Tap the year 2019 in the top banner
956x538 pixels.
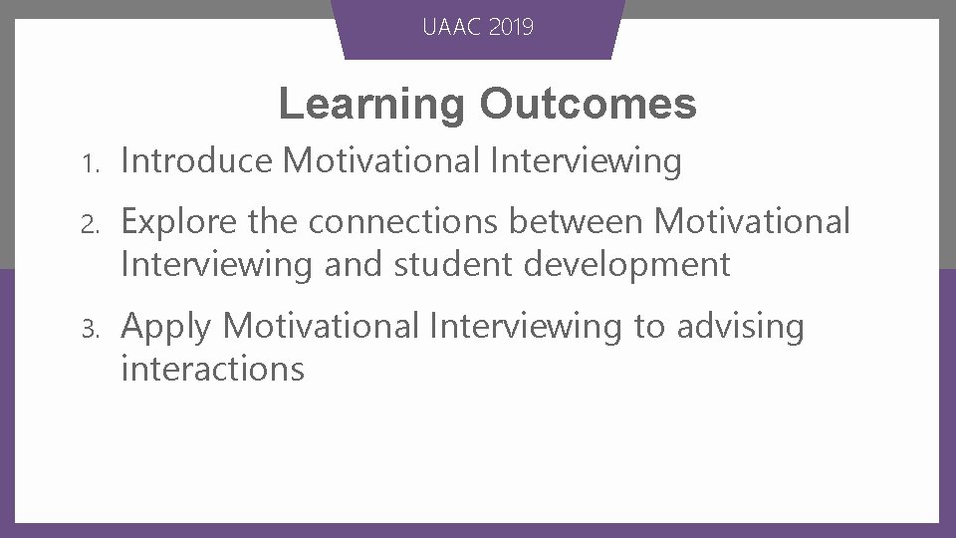tap(511, 27)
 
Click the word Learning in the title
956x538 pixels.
tap(370, 104)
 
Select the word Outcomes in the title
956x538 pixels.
tap(588, 104)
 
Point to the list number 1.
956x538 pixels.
tap(88, 162)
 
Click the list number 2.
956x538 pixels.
tap(88, 223)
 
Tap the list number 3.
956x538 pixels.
tap(88, 328)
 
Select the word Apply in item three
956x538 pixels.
tap(166, 327)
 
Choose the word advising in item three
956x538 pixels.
tap(740, 327)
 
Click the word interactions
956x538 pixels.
tap(212, 370)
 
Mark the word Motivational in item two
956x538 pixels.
tap(752, 221)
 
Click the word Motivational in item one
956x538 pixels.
tap(382, 160)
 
